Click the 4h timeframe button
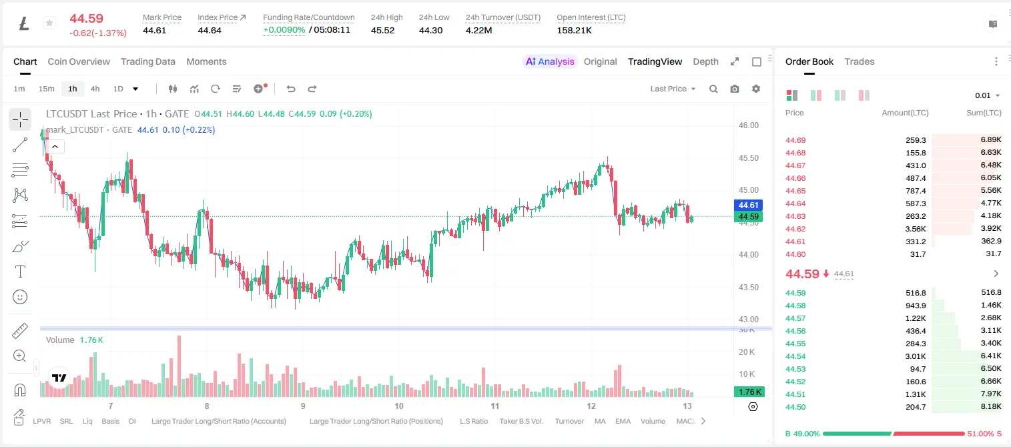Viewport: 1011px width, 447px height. point(95,89)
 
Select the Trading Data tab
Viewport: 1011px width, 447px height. point(148,61)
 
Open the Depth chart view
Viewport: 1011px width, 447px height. point(705,61)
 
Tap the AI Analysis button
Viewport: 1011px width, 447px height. point(550,61)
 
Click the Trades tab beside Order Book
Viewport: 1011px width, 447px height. point(860,61)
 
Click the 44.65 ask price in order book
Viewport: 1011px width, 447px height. point(795,191)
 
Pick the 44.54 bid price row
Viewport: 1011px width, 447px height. point(795,356)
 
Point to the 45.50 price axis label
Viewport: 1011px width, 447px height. point(748,158)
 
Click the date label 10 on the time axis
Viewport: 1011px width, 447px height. point(399,406)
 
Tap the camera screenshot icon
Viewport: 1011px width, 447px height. point(735,89)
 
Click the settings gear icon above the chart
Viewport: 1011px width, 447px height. point(756,89)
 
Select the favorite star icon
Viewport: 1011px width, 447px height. point(49,23)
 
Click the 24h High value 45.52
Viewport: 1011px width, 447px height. point(383,30)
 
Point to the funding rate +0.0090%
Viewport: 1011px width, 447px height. point(284,30)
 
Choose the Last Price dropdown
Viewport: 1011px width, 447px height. point(673,89)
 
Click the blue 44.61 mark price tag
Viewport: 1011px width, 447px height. point(748,205)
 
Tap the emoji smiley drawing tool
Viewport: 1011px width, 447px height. point(20,297)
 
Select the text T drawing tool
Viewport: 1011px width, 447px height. point(20,272)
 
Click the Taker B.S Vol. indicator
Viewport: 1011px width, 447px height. point(521,421)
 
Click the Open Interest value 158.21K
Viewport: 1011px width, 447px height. point(574,30)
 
